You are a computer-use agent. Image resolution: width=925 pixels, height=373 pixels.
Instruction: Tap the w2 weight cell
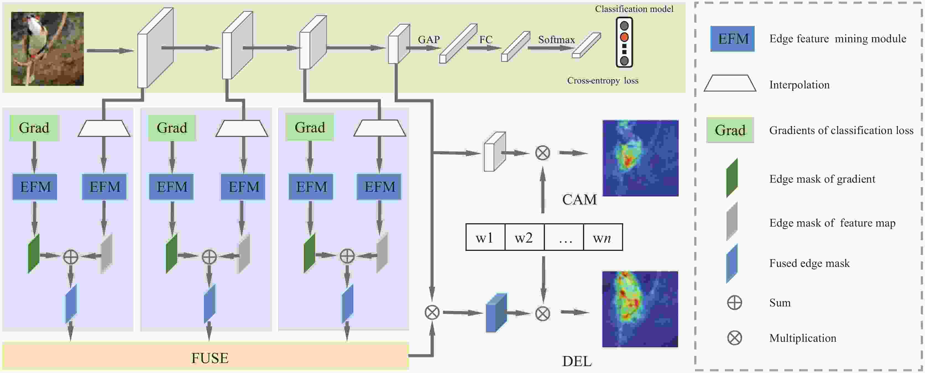pyautogui.click(x=524, y=237)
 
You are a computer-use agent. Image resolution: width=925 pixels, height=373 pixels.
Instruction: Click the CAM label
pyautogui.click(x=579, y=199)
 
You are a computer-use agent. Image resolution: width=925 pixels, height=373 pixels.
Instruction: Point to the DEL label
pyautogui.click(x=577, y=361)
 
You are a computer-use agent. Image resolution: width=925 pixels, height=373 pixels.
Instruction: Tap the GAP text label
pyautogui.click(x=429, y=40)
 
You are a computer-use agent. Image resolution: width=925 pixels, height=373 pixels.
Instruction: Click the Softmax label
pyautogui.click(x=556, y=40)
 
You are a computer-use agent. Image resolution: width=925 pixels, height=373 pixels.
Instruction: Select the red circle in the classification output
pyautogui.click(x=624, y=37)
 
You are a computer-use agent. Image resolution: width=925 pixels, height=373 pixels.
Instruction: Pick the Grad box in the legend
pyautogui.click(x=730, y=130)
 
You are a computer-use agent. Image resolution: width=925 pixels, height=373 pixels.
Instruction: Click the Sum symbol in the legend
pyautogui.click(x=734, y=303)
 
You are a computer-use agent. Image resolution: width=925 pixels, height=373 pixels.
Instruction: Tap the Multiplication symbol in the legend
pyautogui.click(x=734, y=338)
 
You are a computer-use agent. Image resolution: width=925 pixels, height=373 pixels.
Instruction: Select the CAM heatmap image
pyautogui.click(x=640, y=158)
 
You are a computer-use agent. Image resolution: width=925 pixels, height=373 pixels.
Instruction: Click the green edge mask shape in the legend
pyautogui.click(x=732, y=178)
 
